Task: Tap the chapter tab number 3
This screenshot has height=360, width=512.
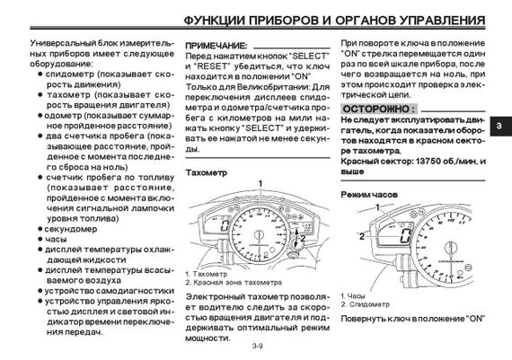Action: (x=499, y=126)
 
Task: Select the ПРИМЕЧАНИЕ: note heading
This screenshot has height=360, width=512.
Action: (x=216, y=46)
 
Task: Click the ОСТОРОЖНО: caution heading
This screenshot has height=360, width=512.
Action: (x=379, y=109)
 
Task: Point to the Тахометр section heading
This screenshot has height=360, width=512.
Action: (x=206, y=172)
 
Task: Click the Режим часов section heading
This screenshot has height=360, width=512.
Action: (x=369, y=195)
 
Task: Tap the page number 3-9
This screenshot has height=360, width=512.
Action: (x=257, y=346)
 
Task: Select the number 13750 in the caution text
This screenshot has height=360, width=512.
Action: (x=428, y=162)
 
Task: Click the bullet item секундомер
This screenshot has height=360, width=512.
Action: (x=71, y=229)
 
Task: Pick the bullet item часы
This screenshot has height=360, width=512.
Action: (x=56, y=239)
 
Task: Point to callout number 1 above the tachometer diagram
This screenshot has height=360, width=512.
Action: (x=260, y=184)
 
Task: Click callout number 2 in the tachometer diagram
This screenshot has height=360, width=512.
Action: (x=303, y=238)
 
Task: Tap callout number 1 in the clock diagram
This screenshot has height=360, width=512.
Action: (x=377, y=207)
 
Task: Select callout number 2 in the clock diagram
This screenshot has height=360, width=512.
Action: (x=362, y=236)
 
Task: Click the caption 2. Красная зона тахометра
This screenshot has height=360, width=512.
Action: (x=234, y=282)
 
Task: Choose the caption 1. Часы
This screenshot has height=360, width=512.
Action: (x=353, y=296)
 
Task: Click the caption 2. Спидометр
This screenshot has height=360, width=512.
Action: (x=366, y=304)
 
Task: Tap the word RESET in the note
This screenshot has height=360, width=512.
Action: (x=211, y=66)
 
